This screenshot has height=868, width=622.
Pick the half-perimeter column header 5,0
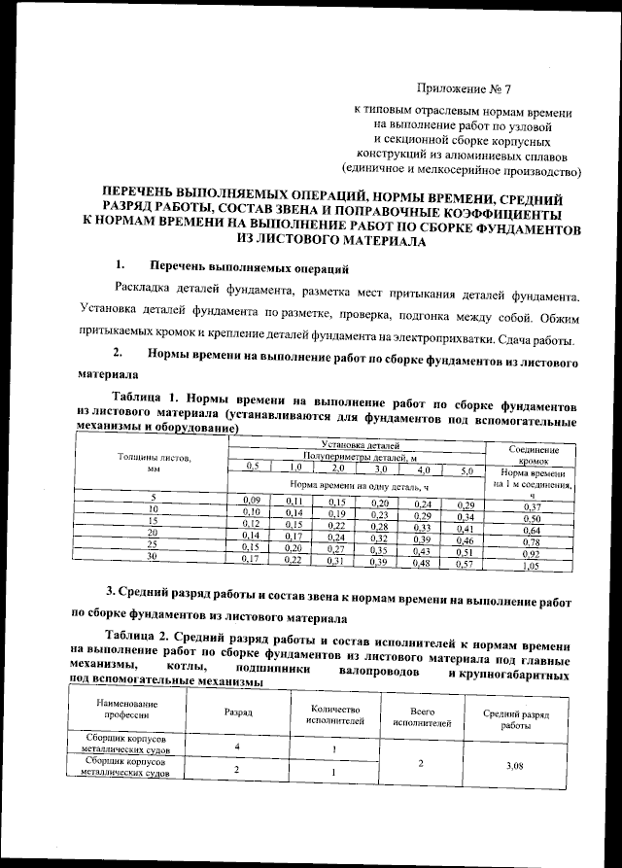(x=465, y=470)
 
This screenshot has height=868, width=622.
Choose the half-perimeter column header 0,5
(x=252, y=468)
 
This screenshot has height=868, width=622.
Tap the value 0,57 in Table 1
(x=465, y=563)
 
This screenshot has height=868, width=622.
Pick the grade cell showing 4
(x=238, y=746)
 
